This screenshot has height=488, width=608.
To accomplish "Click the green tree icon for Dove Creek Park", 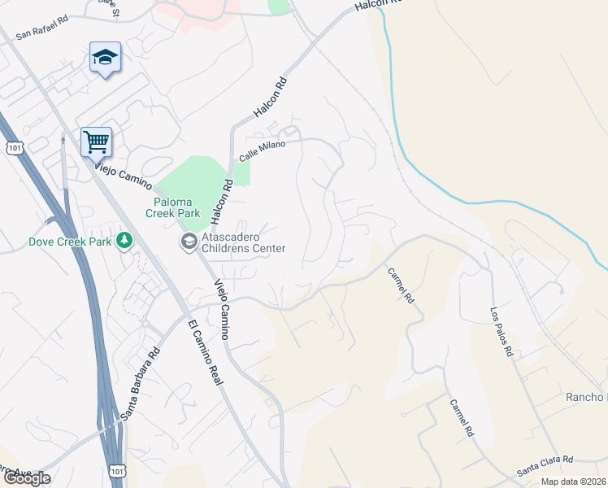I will [x=124, y=241].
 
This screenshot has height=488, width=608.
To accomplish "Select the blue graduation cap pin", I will [x=105, y=58].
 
